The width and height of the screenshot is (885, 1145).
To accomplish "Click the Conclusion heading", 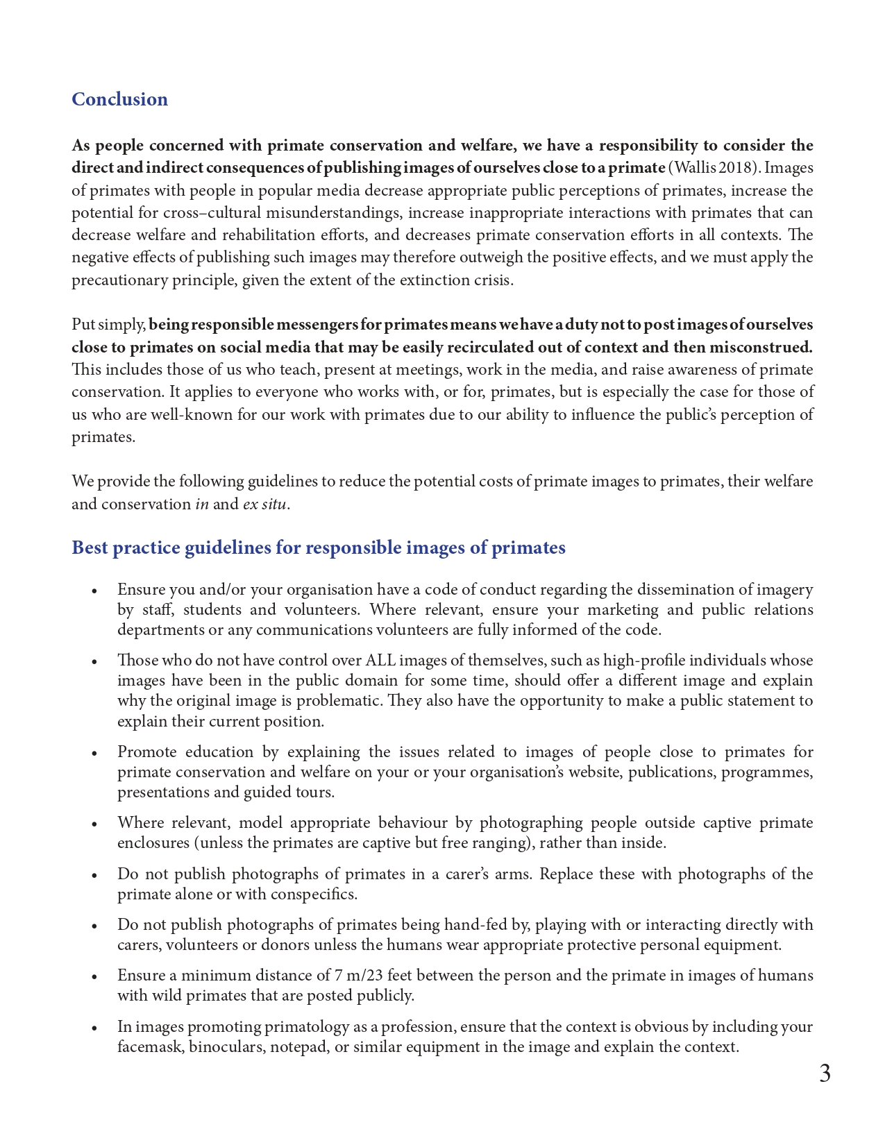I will (x=119, y=99).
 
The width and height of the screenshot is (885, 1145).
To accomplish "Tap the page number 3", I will (x=824, y=1074).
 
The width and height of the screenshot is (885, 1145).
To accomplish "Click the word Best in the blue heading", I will (x=90, y=548).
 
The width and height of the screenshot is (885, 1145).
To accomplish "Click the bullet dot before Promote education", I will (x=94, y=753).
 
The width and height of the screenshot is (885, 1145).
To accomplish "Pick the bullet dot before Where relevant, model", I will (x=94, y=824).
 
